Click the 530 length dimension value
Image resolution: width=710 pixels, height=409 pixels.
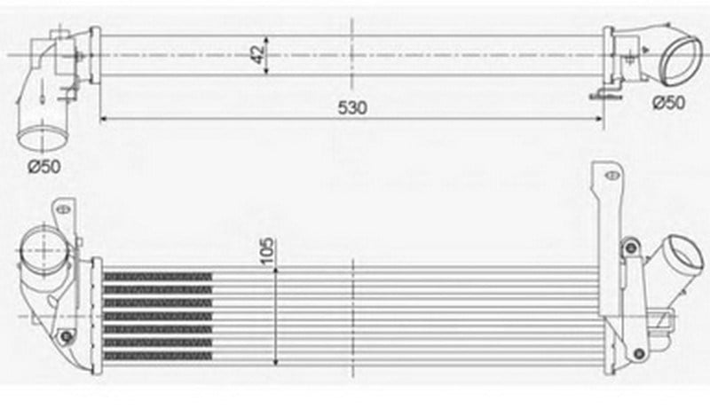352,107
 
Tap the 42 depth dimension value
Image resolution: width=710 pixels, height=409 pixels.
257,54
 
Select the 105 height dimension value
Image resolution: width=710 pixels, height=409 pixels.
267,251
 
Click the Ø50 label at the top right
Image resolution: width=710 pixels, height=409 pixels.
668,103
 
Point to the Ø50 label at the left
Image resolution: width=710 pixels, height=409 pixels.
43,167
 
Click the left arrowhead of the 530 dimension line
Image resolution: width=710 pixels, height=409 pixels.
103,119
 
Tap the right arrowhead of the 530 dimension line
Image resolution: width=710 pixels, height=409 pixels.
599,119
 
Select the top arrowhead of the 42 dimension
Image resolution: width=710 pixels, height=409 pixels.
266,39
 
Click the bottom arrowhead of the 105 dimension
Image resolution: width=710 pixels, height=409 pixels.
275,361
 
